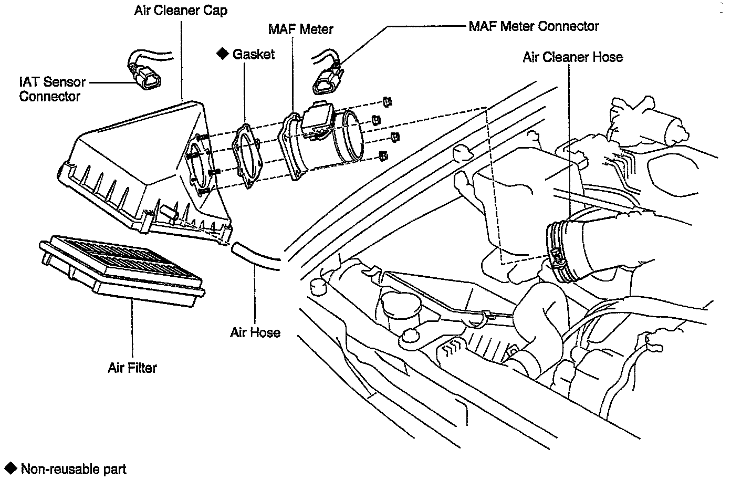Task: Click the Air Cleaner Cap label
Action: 180,11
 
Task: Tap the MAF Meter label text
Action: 300,29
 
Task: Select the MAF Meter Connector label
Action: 534,26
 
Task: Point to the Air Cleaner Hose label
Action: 572,57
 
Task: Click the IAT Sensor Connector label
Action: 51,89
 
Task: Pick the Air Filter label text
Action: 132,368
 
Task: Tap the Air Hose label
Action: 255,332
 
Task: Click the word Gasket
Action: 254,54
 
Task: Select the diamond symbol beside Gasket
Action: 223,54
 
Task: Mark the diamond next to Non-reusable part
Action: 11,468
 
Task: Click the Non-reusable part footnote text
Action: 74,469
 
